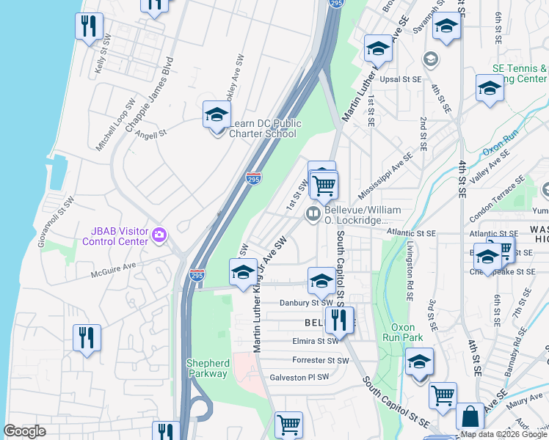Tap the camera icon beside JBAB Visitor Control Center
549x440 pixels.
(159, 235)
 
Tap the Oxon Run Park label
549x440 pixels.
(403, 332)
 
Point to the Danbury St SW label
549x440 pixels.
(306, 302)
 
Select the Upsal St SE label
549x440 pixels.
(400, 78)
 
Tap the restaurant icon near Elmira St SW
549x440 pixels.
(338, 320)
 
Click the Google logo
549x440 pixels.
(25, 431)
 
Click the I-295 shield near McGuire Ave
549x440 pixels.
(196, 275)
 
